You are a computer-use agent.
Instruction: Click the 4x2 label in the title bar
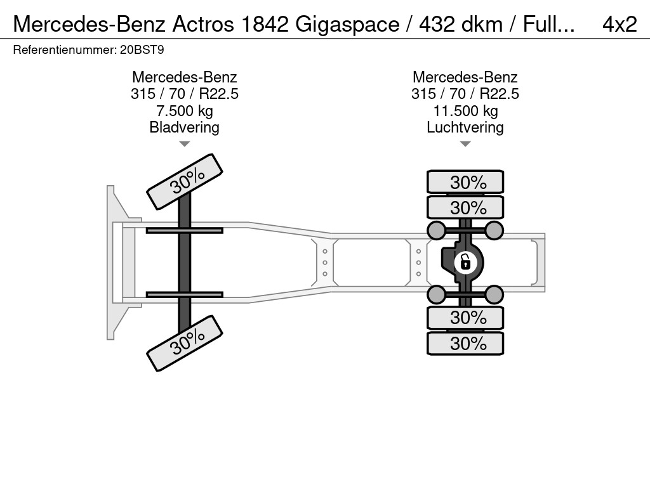619,23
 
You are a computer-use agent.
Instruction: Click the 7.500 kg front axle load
184,111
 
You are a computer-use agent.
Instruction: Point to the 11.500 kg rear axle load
465,111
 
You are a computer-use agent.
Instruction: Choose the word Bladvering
184,127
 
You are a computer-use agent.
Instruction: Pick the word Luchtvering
465,127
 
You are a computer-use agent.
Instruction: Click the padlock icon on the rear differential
465,261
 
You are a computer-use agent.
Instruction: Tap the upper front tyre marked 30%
185,181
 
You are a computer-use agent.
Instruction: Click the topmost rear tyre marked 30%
465,182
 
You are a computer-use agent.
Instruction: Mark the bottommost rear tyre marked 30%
465,343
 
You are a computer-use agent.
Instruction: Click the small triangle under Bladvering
184,144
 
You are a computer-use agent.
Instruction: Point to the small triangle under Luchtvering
465,144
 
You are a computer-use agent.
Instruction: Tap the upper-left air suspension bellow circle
436,230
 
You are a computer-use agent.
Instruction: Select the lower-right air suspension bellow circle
494,294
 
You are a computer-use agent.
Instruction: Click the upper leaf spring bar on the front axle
184,230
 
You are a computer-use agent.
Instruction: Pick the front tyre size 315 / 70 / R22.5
184,94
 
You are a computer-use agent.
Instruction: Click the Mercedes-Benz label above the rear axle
465,77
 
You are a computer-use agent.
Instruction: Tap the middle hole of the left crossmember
325,262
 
